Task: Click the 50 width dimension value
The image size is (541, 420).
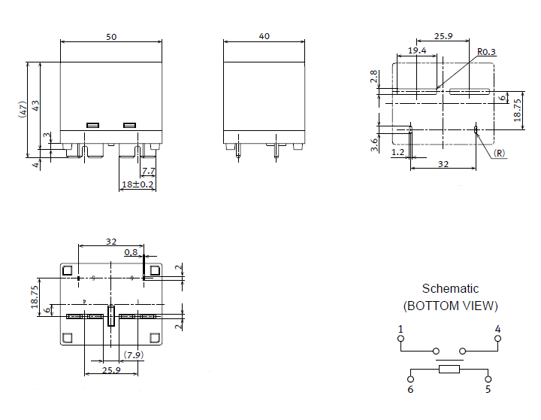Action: tap(110, 36)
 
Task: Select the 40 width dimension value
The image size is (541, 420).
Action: tap(264, 36)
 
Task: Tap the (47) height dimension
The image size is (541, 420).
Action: tap(23, 109)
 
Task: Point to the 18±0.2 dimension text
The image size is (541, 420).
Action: tap(138, 184)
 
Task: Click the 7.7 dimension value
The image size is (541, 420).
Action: tap(149, 171)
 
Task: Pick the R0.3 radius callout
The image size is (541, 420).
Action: tap(487, 52)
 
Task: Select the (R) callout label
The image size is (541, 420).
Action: tap(500, 153)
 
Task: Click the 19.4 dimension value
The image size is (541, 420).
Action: tap(417, 50)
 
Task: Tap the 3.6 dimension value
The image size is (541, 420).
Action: tap(374, 145)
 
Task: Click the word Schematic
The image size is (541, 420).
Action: tap(450, 288)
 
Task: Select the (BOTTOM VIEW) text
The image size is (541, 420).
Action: tap(450, 306)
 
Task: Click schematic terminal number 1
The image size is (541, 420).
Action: tap(400, 329)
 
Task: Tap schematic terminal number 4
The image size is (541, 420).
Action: tap(497, 329)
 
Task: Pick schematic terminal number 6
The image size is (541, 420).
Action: tap(410, 389)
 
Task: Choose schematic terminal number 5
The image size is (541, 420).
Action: tap(488, 389)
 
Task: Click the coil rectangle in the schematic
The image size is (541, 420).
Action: tap(449, 369)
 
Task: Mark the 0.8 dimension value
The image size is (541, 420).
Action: tap(131, 252)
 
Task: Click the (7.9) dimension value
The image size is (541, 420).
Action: tap(133, 355)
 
